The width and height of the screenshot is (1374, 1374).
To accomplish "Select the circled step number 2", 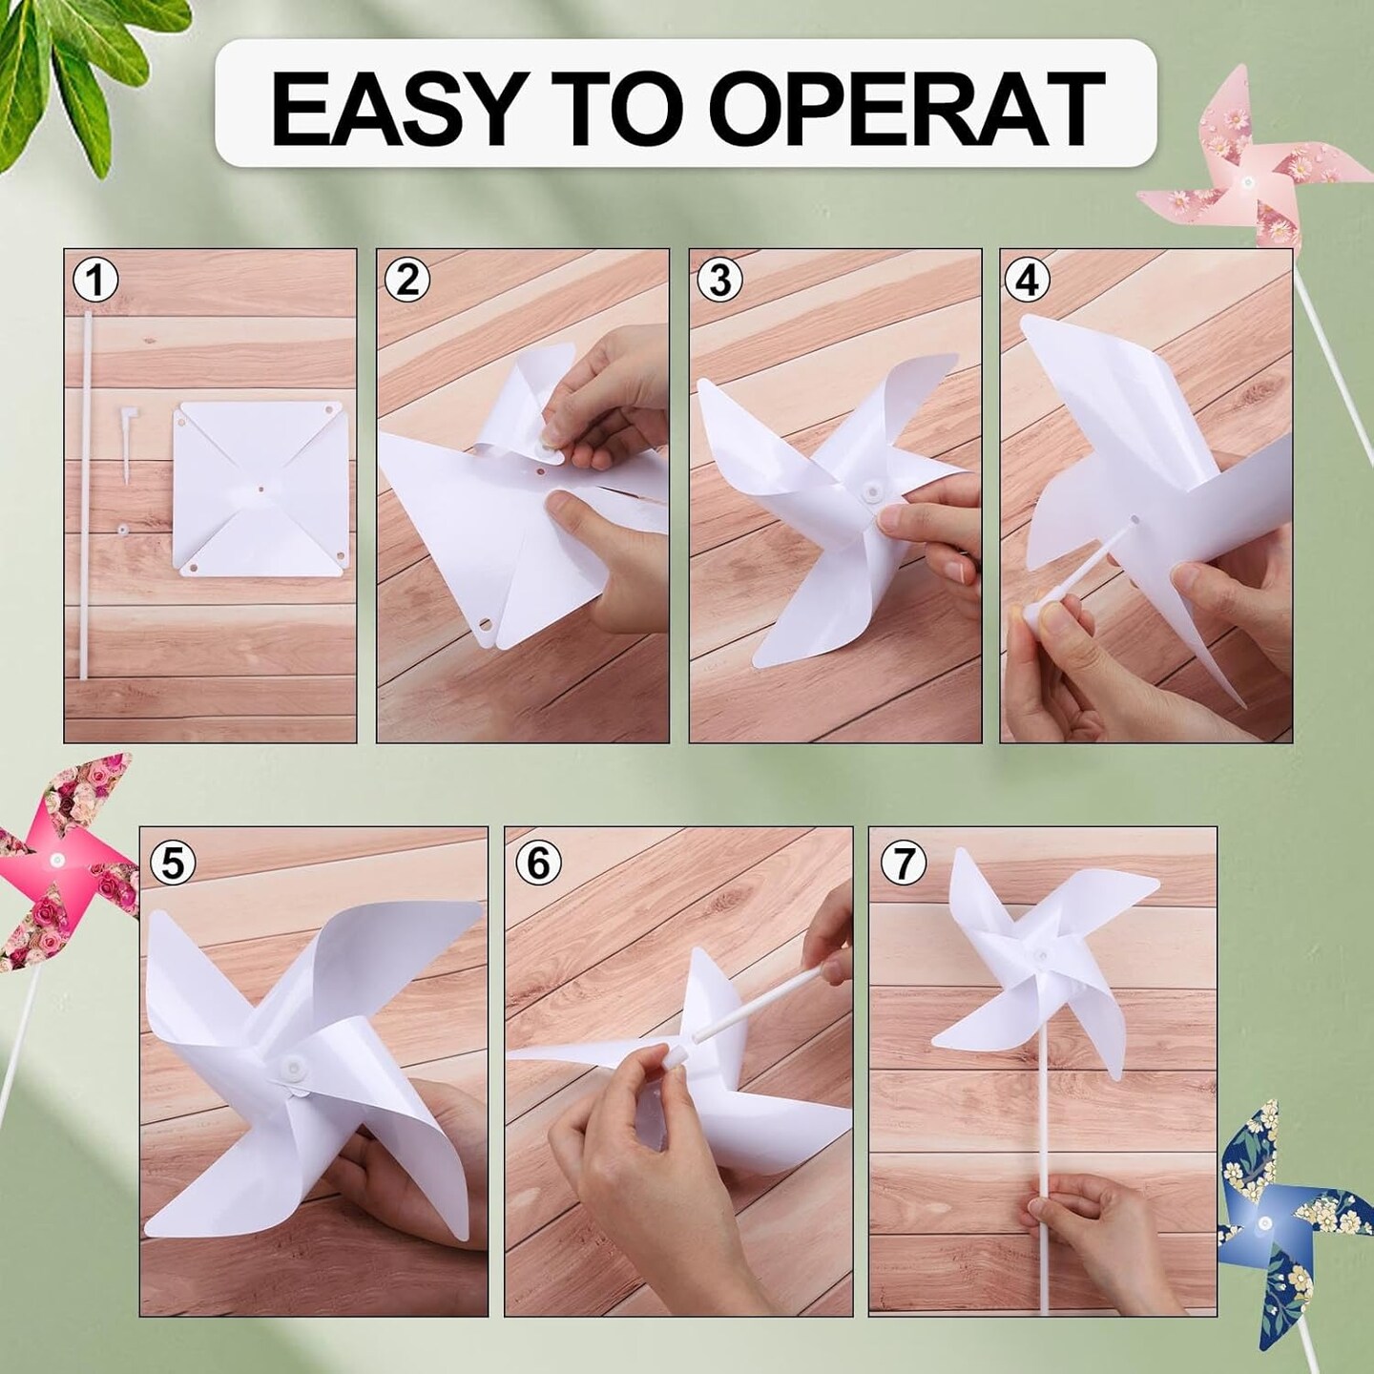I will [407, 281].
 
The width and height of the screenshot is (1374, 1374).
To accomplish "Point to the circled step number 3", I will [720, 281].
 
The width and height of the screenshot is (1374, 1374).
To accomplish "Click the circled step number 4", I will [1028, 281].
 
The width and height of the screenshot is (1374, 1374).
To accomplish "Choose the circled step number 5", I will [173, 864].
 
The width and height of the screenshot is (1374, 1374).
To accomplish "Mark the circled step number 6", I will [538, 864].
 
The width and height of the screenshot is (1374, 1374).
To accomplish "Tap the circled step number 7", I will [904, 864].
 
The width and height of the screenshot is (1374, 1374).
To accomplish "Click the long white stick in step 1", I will [84, 496].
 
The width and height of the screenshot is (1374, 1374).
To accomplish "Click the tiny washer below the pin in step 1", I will [123, 528].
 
